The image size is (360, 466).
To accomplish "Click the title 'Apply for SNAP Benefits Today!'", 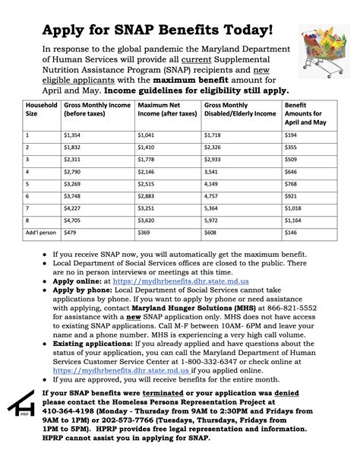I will pyautogui.click(x=156, y=30).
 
